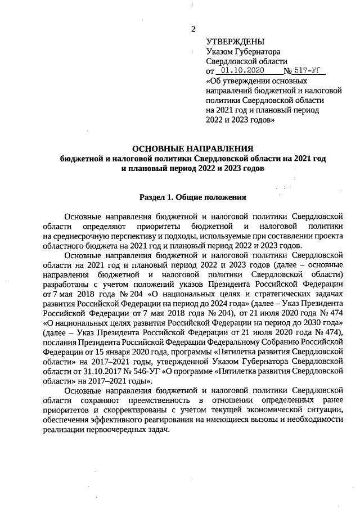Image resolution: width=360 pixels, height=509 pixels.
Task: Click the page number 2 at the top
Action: pos(193,29)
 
